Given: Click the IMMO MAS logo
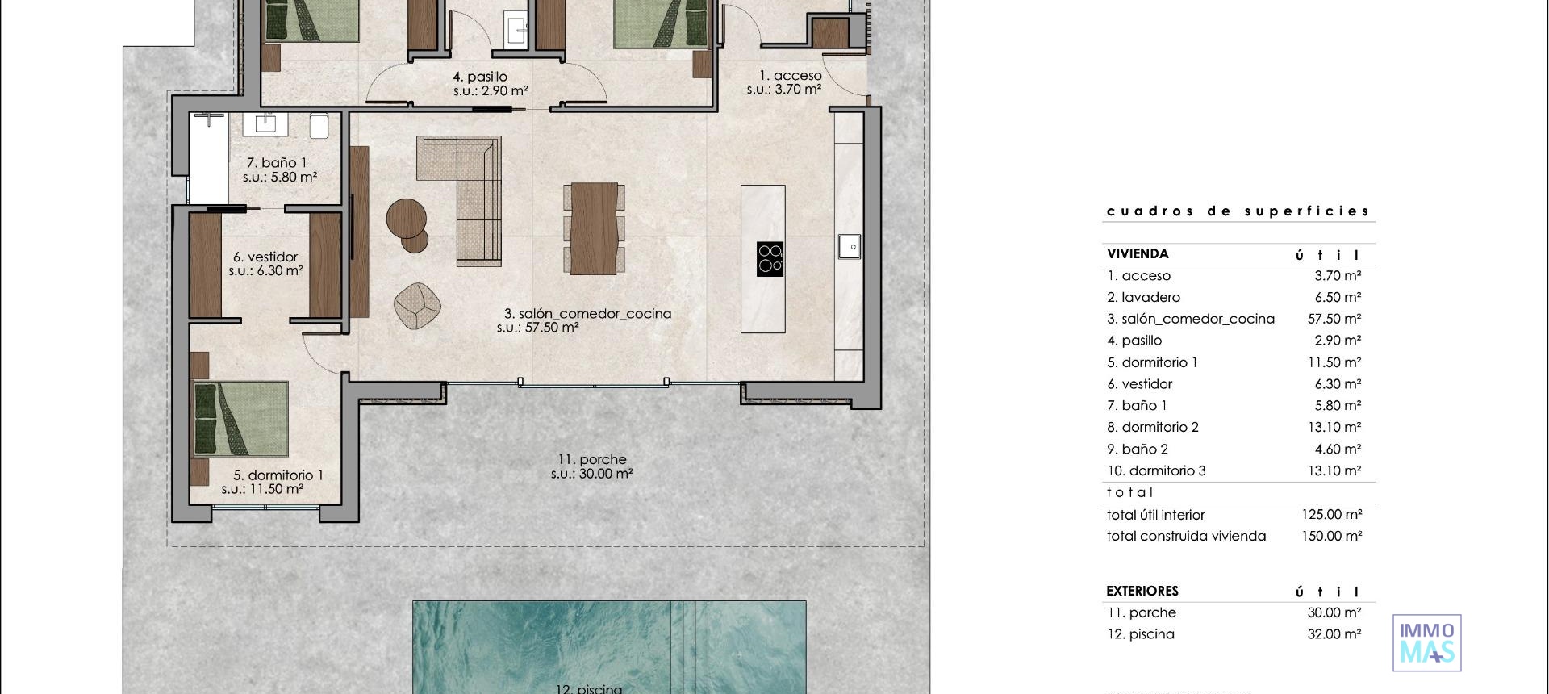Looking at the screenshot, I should [x=1426, y=643].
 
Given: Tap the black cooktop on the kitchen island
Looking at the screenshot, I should [x=770, y=259].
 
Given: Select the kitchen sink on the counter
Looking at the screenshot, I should [x=849, y=246].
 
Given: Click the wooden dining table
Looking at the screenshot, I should [x=594, y=228].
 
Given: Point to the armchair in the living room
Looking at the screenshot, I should [x=417, y=307].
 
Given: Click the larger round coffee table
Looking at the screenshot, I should [x=406, y=218].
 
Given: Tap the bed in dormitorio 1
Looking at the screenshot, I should [x=241, y=419].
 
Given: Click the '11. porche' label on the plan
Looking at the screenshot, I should [x=591, y=459].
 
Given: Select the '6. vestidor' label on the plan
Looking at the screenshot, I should [x=265, y=257].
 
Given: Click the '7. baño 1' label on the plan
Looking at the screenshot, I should [x=277, y=162].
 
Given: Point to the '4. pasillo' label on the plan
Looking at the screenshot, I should [x=480, y=77].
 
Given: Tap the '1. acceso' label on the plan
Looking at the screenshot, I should [x=790, y=75].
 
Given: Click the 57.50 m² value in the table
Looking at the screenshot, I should [x=1334, y=319].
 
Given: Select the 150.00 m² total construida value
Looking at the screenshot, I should [x=1331, y=536].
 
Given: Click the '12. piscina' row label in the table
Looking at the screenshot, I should [x=1141, y=634].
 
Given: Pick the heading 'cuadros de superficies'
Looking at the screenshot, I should [x=1238, y=211].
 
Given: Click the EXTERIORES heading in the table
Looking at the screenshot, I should [x=1142, y=591].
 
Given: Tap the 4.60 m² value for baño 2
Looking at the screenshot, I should [x=1338, y=449].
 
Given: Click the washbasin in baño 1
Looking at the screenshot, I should [x=265, y=124].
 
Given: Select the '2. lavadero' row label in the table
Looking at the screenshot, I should [x=1143, y=297].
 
